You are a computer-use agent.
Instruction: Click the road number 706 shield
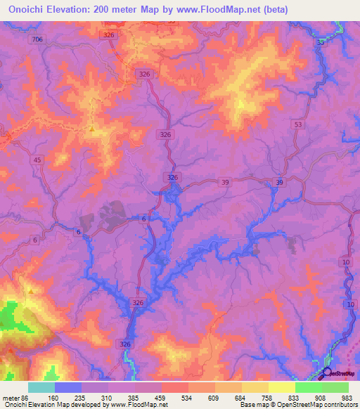click(x=37, y=39)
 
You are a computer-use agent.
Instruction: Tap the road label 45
click(x=37, y=160)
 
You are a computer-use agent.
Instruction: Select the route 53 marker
click(x=299, y=124)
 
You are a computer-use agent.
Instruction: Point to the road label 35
click(x=321, y=43)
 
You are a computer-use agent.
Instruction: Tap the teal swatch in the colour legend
click(x=41, y=387)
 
